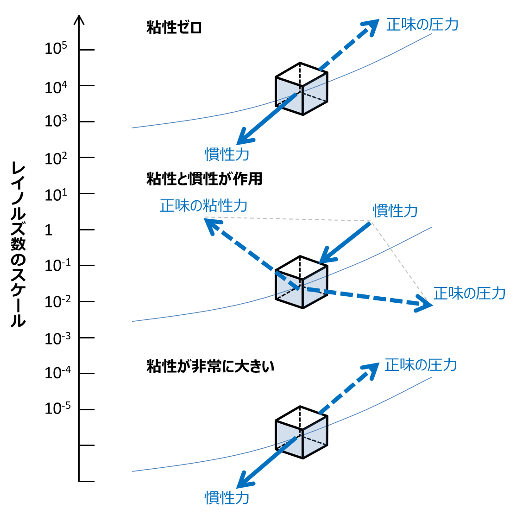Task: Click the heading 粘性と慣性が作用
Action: pyautogui.click(x=204, y=179)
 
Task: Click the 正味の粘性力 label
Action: pyautogui.click(x=203, y=205)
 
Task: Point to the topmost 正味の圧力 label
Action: pyautogui.click(x=422, y=25)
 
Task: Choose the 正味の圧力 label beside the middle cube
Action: pyautogui.click(x=469, y=293)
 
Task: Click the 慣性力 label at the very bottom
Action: pyautogui.click(x=227, y=498)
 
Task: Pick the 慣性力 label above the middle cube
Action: pyautogui.click(x=395, y=211)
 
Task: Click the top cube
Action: pyautogui.click(x=302, y=89)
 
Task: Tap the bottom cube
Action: pyautogui.click(x=302, y=432)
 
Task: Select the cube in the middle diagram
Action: pyautogui.click(x=302, y=282)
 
